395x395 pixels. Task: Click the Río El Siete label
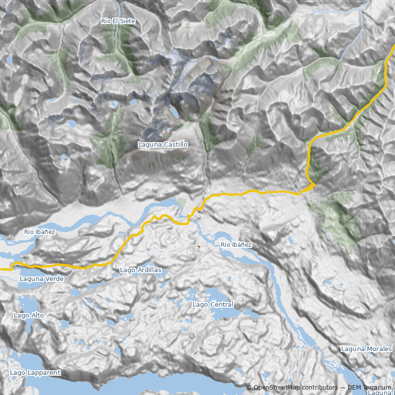click(x=118, y=21)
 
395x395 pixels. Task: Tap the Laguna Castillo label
click(x=163, y=145)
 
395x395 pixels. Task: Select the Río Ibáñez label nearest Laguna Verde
click(x=39, y=232)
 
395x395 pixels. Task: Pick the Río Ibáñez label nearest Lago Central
click(x=236, y=245)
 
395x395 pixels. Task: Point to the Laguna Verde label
click(x=41, y=279)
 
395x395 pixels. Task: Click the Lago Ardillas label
click(x=140, y=270)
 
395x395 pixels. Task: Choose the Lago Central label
click(x=213, y=305)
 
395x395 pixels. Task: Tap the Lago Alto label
click(x=29, y=315)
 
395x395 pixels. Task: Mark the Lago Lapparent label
click(x=35, y=373)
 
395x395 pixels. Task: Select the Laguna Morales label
click(x=366, y=349)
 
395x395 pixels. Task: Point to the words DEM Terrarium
click(x=369, y=388)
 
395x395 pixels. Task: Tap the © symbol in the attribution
click(x=249, y=388)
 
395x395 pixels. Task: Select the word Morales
click(x=379, y=349)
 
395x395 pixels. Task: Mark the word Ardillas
click(x=149, y=270)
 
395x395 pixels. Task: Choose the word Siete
click(x=126, y=21)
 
